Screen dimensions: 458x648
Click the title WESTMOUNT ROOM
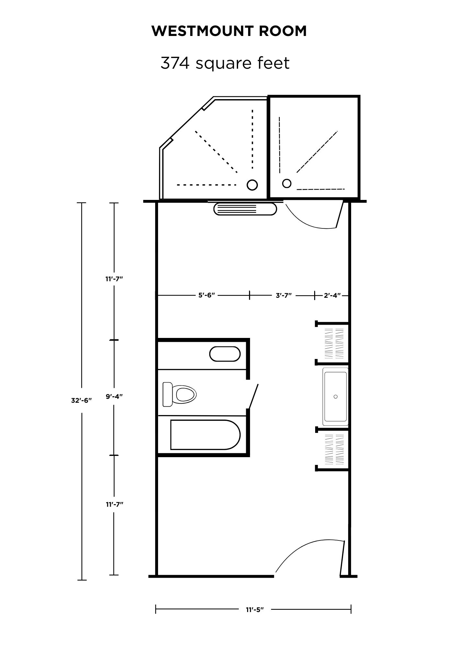pyautogui.click(x=229, y=31)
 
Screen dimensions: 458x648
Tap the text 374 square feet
pyautogui.click(x=225, y=63)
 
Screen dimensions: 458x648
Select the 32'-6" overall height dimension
pyautogui.click(x=82, y=400)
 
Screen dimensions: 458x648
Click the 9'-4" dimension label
pyautogui.click(x=114, y=397)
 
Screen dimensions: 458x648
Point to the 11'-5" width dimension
pyautogui.click(x=255, y=609)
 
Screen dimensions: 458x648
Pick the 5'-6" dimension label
pyautogui.click(x=207, y=295)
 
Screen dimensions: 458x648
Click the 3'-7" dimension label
pyautogui.click(x=284, y=295)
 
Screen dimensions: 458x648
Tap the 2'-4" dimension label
pyautogui.click(x=332, y=295)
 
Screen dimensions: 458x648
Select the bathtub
pyautogui.click(x=205, y=435)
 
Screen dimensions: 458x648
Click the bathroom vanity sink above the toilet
pyautogui.click(x=225, y=354)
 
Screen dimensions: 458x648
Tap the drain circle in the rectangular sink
pyautogui.click(x=336, y=397)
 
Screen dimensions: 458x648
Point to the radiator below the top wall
pyautogui.click(x=245, y=209)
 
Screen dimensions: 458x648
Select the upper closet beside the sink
pyautogui.click(x=332, y=343)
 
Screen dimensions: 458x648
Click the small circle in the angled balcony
pyautogui.click(x=252, y=185)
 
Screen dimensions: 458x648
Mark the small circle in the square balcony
pyautogui.click(x=287, y=183)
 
